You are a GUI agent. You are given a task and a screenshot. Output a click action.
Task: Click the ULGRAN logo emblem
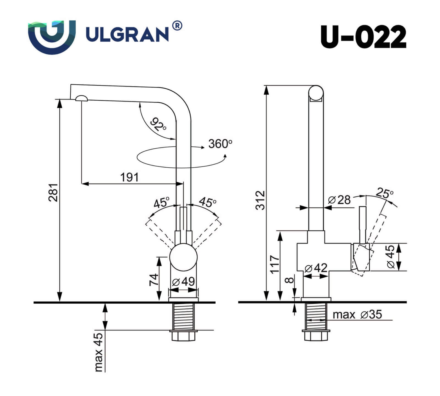tap(52, 37)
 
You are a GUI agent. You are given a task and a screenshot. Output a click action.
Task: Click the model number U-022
tap(363, 37)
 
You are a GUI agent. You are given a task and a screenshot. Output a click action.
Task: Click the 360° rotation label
tap(220, 144)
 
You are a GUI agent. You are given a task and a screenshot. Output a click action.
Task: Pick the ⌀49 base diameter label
tap(183, 282)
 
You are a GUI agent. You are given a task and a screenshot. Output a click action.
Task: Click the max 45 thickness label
tap(98, 352)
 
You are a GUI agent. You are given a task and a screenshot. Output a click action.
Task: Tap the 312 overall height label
tap(260, 200)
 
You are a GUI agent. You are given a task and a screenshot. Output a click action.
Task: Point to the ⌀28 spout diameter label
tap(339, 200)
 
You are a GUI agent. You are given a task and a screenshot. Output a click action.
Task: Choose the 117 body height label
tap(275, 264)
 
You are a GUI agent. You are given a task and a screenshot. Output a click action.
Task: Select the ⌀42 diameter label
tap(316, 268)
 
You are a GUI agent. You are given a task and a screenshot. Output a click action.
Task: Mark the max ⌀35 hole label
tap(357, 314)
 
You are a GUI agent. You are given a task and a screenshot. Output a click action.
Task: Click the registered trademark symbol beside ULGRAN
tap(177, 26)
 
